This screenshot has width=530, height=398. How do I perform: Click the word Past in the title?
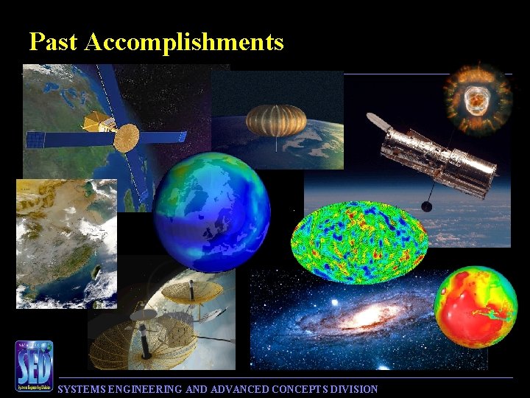click(54, 42)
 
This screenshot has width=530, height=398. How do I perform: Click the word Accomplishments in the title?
click(184, 42)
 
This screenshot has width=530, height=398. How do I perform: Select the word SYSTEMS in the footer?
click(82, 389)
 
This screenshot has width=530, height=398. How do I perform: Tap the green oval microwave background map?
click(358, 242)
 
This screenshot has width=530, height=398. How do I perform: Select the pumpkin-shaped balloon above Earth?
click(276, 120)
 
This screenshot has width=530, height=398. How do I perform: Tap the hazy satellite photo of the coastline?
click(66, 243)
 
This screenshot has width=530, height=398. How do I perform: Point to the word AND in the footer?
click(197, 389)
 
